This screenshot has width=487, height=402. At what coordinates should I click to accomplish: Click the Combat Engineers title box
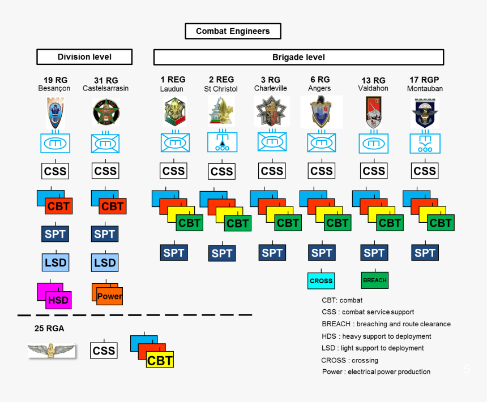pyautogui.click(x=233, y=31)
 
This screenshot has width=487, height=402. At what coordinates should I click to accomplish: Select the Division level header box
pyautogui.click(x=84, y=57)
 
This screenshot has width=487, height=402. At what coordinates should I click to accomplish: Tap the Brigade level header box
pyautogui.click(x=298, y=57)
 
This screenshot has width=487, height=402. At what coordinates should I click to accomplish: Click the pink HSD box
pyautogui.click(x=58, y=300)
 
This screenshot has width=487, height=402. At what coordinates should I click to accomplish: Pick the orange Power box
pyautogui.click(x=109, y=296)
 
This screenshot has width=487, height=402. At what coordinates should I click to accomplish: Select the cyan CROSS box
pyautogui.click(x=321, y=280)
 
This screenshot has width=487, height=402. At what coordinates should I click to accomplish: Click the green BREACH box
pyautogui.click(x=374, y=280)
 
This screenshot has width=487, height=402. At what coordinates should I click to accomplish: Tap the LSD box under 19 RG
pyautogui.click(x=55, y=262)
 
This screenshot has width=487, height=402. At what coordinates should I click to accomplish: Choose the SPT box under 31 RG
pyautogui.click(x=105, y=234)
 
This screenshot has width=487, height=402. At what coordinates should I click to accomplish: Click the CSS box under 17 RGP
pyautogui.click(x=424, y=171)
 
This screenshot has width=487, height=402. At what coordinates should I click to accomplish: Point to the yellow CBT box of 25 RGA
pyautogui.click(x=159, y=360)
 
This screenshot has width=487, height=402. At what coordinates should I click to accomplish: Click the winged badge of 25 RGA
pyautogui.click(x=52, y=351)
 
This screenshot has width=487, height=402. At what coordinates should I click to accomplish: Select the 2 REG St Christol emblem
pyautogui.click(x=221, y=110)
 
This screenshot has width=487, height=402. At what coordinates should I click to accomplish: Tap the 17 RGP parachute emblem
pyautogui.click(x=425, y=111)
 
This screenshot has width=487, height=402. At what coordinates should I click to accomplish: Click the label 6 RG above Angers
pyautogui.click(x=320, y=80)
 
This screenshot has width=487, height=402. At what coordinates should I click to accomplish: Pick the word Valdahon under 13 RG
pyautogui.click(x=373, y=89)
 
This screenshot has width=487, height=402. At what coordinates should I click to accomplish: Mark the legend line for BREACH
pyautogui.click(x=386, y=324)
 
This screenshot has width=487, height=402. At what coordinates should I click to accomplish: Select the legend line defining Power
pyautogui.click(x=376, y=371)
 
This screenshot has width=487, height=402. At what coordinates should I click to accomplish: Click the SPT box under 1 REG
pyautogui.click(x=173, y=253)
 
